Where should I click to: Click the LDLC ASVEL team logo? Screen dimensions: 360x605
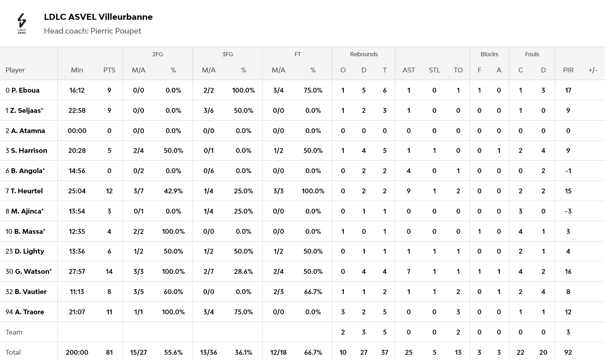tap(22, 23)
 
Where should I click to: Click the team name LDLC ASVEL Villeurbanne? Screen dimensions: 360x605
tap(98, 17)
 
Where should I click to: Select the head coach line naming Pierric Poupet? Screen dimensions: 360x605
tap(93, 31)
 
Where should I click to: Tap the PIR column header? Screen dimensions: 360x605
tap(568, 70)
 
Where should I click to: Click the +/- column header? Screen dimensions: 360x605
tap(593, 70)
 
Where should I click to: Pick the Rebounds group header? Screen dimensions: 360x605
tap(364, 54)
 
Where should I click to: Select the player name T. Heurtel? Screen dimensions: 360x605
tap(27, 191)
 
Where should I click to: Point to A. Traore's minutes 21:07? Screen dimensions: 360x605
tap(77, 312)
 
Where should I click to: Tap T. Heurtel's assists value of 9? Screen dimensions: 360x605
tap(408, 191)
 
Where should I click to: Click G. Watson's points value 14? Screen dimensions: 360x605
tap(109, 271)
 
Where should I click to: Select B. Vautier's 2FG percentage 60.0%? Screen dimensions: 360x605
tap(173, 292)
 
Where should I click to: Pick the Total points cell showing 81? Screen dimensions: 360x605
tap(109, 352)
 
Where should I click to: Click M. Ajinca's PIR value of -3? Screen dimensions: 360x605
tap(568, 211)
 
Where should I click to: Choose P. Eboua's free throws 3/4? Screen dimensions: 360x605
tap(278, 90)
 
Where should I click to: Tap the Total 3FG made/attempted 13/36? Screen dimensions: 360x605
tap(208, 352)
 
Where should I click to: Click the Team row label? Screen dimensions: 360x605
tap(14, 332)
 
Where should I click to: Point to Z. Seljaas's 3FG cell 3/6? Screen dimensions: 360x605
tap(208, 110)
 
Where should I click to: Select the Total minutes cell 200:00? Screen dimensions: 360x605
tap(77, 352)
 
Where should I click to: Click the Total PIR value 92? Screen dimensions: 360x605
tap(568, 352)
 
